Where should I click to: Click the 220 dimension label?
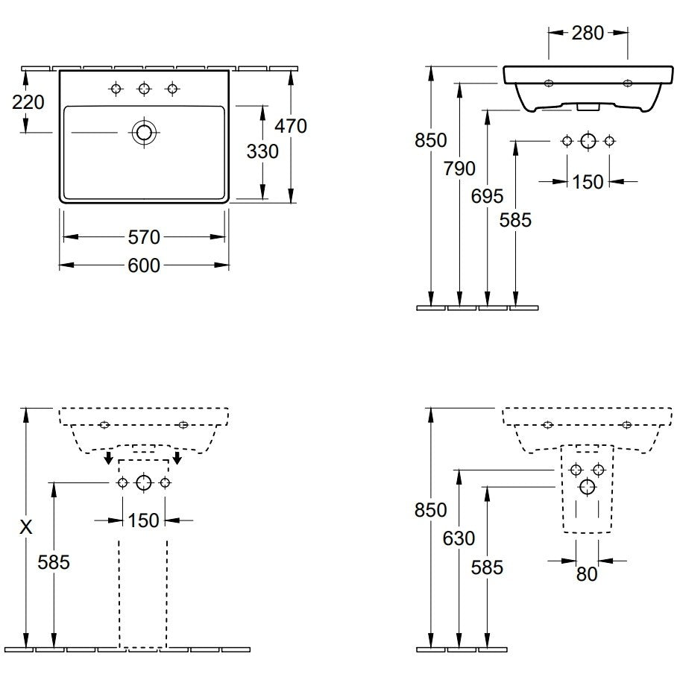coord(28,102)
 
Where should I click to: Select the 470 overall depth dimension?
coord(291,126)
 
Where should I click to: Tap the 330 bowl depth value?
coord(262,152)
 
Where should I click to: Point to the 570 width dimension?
coord(145,237)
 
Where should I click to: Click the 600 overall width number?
coord(144,265)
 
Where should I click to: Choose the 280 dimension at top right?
coord(588,33)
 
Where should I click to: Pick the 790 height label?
coord(459,169)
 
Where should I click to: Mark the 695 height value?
coord(488,196)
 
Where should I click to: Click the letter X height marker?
coord(26,527)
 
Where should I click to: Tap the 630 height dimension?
coord(459,538)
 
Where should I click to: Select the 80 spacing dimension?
coord(588,574)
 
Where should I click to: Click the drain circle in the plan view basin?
coord(144,132)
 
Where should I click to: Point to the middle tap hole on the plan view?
coord(144,89)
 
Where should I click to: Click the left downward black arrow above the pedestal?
coord(109,458)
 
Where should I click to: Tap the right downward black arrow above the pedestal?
coord(177,458)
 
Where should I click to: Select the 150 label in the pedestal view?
coord(144,520)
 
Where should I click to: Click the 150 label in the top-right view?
coord(588,182)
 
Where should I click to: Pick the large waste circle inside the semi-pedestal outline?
coord(588,487)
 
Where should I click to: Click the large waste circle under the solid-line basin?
coord(588,140)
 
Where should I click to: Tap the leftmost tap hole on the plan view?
coord(116,89)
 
